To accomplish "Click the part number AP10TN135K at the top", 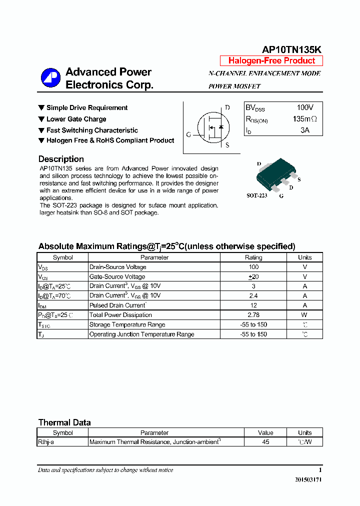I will tap(292, 49).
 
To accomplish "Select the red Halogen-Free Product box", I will tap(271, 60).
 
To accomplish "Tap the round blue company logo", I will tap(50, 78).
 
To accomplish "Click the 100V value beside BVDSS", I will tap(304, 107).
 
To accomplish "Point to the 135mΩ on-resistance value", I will tap(304, 119).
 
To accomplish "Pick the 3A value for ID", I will tap(304, 130).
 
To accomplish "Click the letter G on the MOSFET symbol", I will tap(188, 134).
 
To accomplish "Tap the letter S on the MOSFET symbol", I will tap(227, 145).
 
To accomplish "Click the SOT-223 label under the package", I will tap(256, 195).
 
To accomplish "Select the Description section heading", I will tap(61, 159).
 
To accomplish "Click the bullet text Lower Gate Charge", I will tap(76, 119).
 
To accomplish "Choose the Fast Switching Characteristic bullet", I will tap(92, 130).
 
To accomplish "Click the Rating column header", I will tap(253, 257).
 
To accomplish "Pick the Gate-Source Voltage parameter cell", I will tap(117, 276).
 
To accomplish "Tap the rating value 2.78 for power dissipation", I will tap(253, 315).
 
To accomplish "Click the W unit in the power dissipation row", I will tap(304, 315).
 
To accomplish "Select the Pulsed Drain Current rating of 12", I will tap(253, 305).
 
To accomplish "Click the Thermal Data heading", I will tap(64, 422).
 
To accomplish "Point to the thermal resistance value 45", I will tap(265, 442).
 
